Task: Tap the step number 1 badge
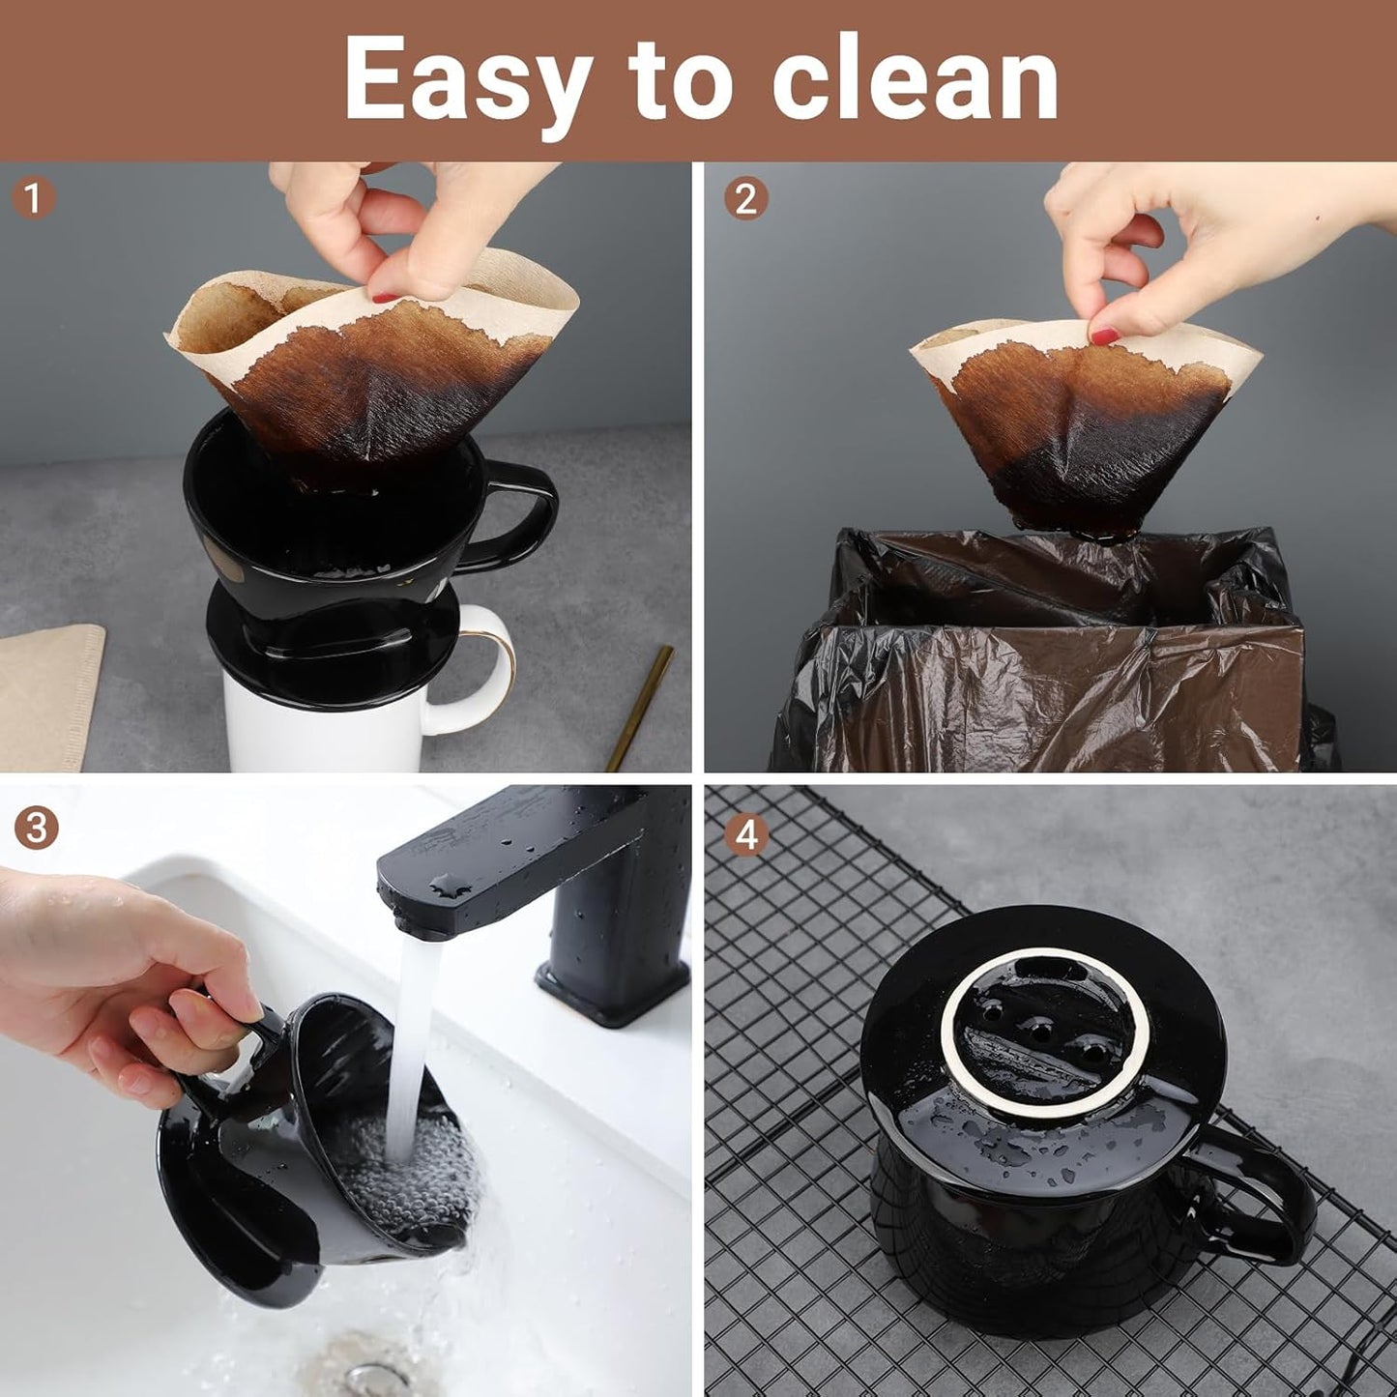pos(34,198)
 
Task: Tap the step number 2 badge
pos(745,198)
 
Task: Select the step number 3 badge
pos(36,829)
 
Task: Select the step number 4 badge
pos(746,834)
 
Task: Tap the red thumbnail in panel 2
pos(1103,335)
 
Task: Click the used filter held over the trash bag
pos(1083,425)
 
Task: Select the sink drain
pos(367,1373)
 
